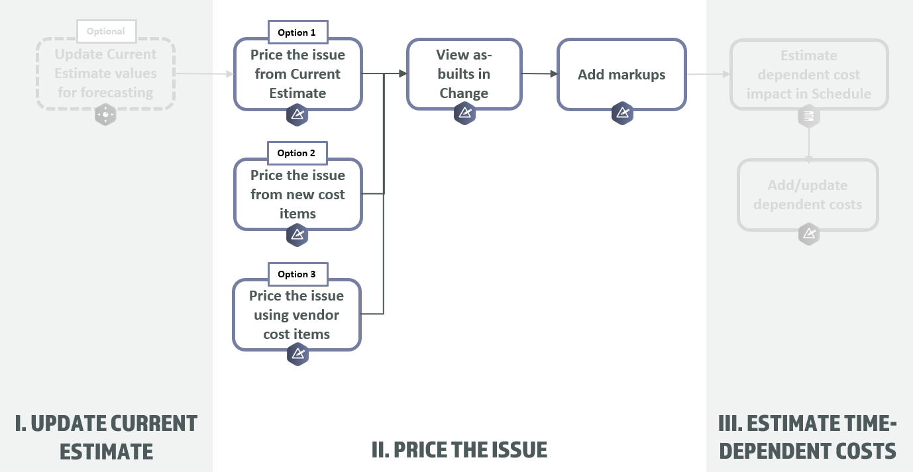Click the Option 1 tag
(x=297, y=32)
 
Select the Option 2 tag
(x=297, y=153)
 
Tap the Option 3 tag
(x=297, y=274)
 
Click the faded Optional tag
(x=106, y=31)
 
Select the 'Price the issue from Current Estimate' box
(x=297, y=74)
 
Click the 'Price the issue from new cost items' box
(x=297, y=194)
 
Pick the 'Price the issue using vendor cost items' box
(x=297, y=315)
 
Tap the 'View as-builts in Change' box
(x=464, y=73)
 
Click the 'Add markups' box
(x=621, y=74)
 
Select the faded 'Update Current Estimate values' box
(x=105, y=73)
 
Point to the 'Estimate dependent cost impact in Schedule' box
(x=808, y=74)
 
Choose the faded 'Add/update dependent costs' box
(x=808, y=195)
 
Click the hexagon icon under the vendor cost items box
(x=297, y=354)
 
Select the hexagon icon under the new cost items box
(x=297, y=235)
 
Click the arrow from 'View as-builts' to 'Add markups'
(x=539, y=73)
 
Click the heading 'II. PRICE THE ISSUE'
(x=459, y=450)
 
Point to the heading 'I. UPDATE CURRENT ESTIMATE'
(x=106, y=437)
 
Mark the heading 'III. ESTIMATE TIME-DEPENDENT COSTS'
(x=808, y=437)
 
